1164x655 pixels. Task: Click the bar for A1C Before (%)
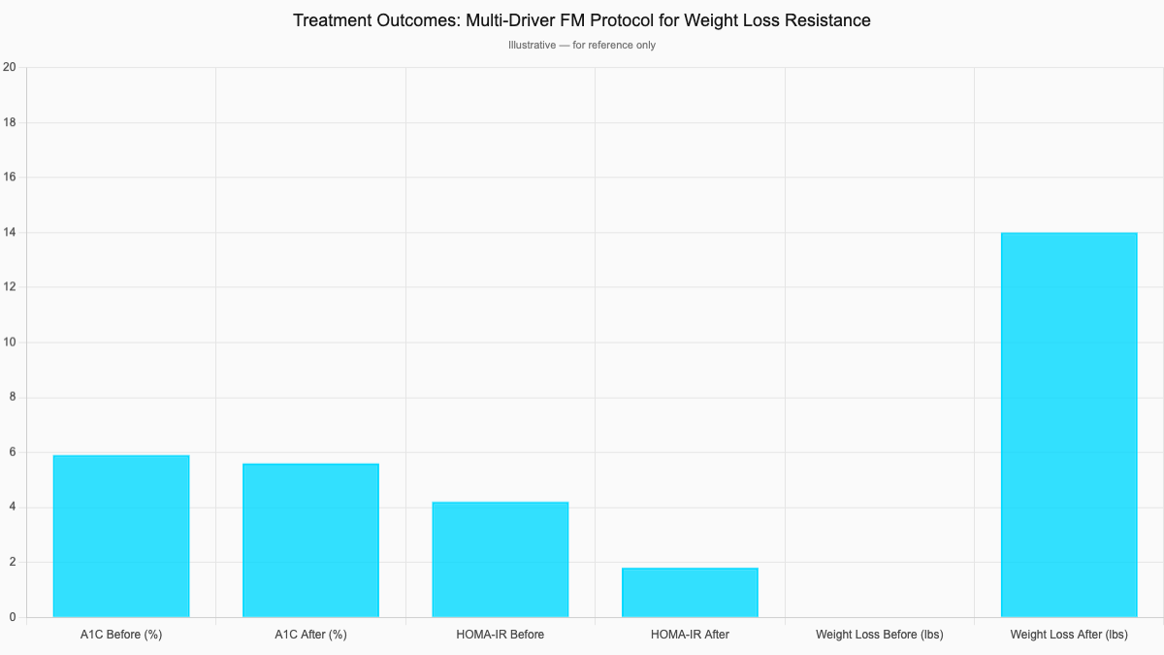point(121,536)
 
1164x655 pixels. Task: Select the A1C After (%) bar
point(310,540)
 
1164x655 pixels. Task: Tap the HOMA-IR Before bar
point(501,559)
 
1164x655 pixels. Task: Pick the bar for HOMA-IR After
point(690,592)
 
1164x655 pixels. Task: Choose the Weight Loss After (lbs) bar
point(1069,424)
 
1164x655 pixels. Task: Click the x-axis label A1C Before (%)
point(121,635)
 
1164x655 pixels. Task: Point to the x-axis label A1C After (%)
point(310,635)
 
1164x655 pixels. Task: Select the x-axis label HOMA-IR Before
point(501,635)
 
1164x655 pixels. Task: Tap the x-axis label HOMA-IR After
point(690,635)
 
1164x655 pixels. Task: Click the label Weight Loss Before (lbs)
point(880,635)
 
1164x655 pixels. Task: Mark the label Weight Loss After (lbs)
point(1069,635)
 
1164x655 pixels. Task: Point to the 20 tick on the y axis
point(10,67)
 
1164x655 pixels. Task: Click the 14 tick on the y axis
point(10,233)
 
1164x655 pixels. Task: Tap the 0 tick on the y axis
point(12,617)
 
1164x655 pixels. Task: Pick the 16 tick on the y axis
point(10,178)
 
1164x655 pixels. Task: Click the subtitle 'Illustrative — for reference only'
point(582,46)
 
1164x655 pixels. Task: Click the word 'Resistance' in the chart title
point(827,20)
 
